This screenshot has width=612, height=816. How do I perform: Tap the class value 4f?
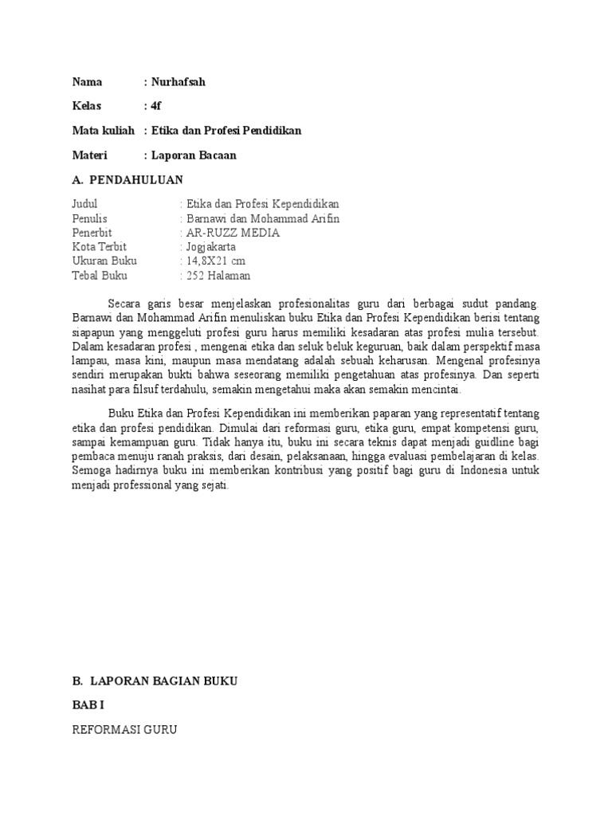[x=155, y=106]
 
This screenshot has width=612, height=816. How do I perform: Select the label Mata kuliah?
[x=101, y=131]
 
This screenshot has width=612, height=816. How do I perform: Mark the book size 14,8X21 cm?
[x=217, y=261]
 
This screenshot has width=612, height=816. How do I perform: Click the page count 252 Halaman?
[x=218, y=276]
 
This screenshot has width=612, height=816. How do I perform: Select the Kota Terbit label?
[x=99, y=247]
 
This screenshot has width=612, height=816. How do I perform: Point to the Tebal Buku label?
[x=99, y=276]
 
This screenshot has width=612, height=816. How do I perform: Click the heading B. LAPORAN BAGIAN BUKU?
[x=155, y=681]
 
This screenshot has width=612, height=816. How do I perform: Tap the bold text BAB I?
[x=83, y=705]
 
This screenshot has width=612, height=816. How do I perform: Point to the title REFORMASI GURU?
[x=124, y=729]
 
